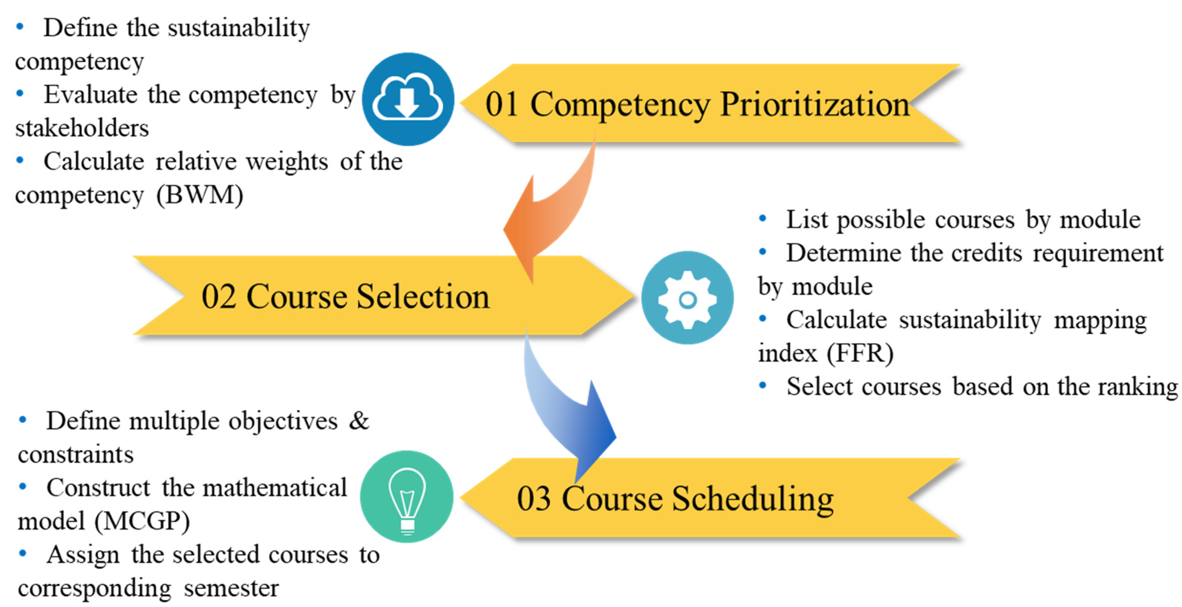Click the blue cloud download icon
(407, 99)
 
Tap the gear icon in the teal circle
(687, 298)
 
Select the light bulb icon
(407, 497)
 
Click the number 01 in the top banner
(502, 105)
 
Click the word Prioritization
(814, 105)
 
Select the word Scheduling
(752, 499)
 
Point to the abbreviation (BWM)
(199, 195)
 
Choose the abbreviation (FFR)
(860, 353)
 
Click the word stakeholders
(82, 128)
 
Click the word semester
(231, 588)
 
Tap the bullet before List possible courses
(763, 219)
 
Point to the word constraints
(76, 455)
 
